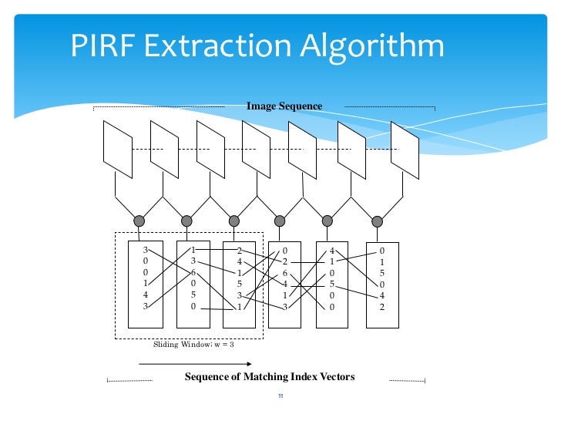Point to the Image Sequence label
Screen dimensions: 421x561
[284, 106]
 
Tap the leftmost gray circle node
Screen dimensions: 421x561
[139, 221]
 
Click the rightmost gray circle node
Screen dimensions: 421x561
[377, 221]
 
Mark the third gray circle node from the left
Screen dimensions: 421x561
[234, 221]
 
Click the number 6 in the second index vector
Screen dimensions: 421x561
[193, 272]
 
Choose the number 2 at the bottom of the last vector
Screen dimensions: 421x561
[381, 307]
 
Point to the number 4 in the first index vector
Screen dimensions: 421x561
[145, 295]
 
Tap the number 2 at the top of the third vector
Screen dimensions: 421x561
[240, 251]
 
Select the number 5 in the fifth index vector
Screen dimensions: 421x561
[332, 284]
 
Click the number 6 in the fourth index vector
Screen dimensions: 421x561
[285, 273]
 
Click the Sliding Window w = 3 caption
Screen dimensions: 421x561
[193, 345]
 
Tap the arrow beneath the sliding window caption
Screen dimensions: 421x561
[206, 362]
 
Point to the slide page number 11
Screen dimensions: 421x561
[280, 397]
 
